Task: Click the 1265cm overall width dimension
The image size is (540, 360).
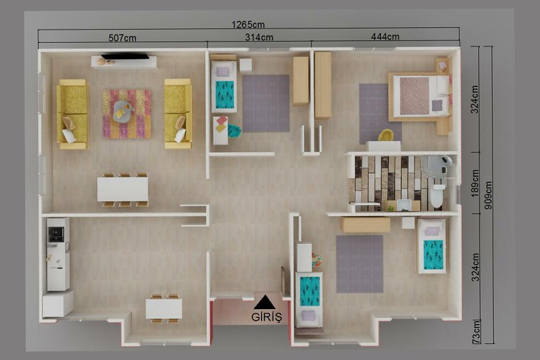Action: (248, 25)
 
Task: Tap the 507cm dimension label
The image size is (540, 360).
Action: (122, 38)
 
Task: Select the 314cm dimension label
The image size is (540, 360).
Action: (259, 37)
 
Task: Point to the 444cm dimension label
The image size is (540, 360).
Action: (385, 37)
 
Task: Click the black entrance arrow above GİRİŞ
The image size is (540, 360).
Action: (264, 302)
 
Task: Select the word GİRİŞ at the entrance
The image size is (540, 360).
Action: (266, 317)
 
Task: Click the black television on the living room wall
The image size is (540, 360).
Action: (125, 56)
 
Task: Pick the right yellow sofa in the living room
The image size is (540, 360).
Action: (178, 113)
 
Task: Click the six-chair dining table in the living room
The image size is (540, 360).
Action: (122, 189)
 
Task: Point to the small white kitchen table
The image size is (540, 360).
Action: (164, 309)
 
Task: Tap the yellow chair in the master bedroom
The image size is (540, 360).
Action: (386, 135)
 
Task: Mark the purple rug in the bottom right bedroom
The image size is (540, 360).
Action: (359, 264)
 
